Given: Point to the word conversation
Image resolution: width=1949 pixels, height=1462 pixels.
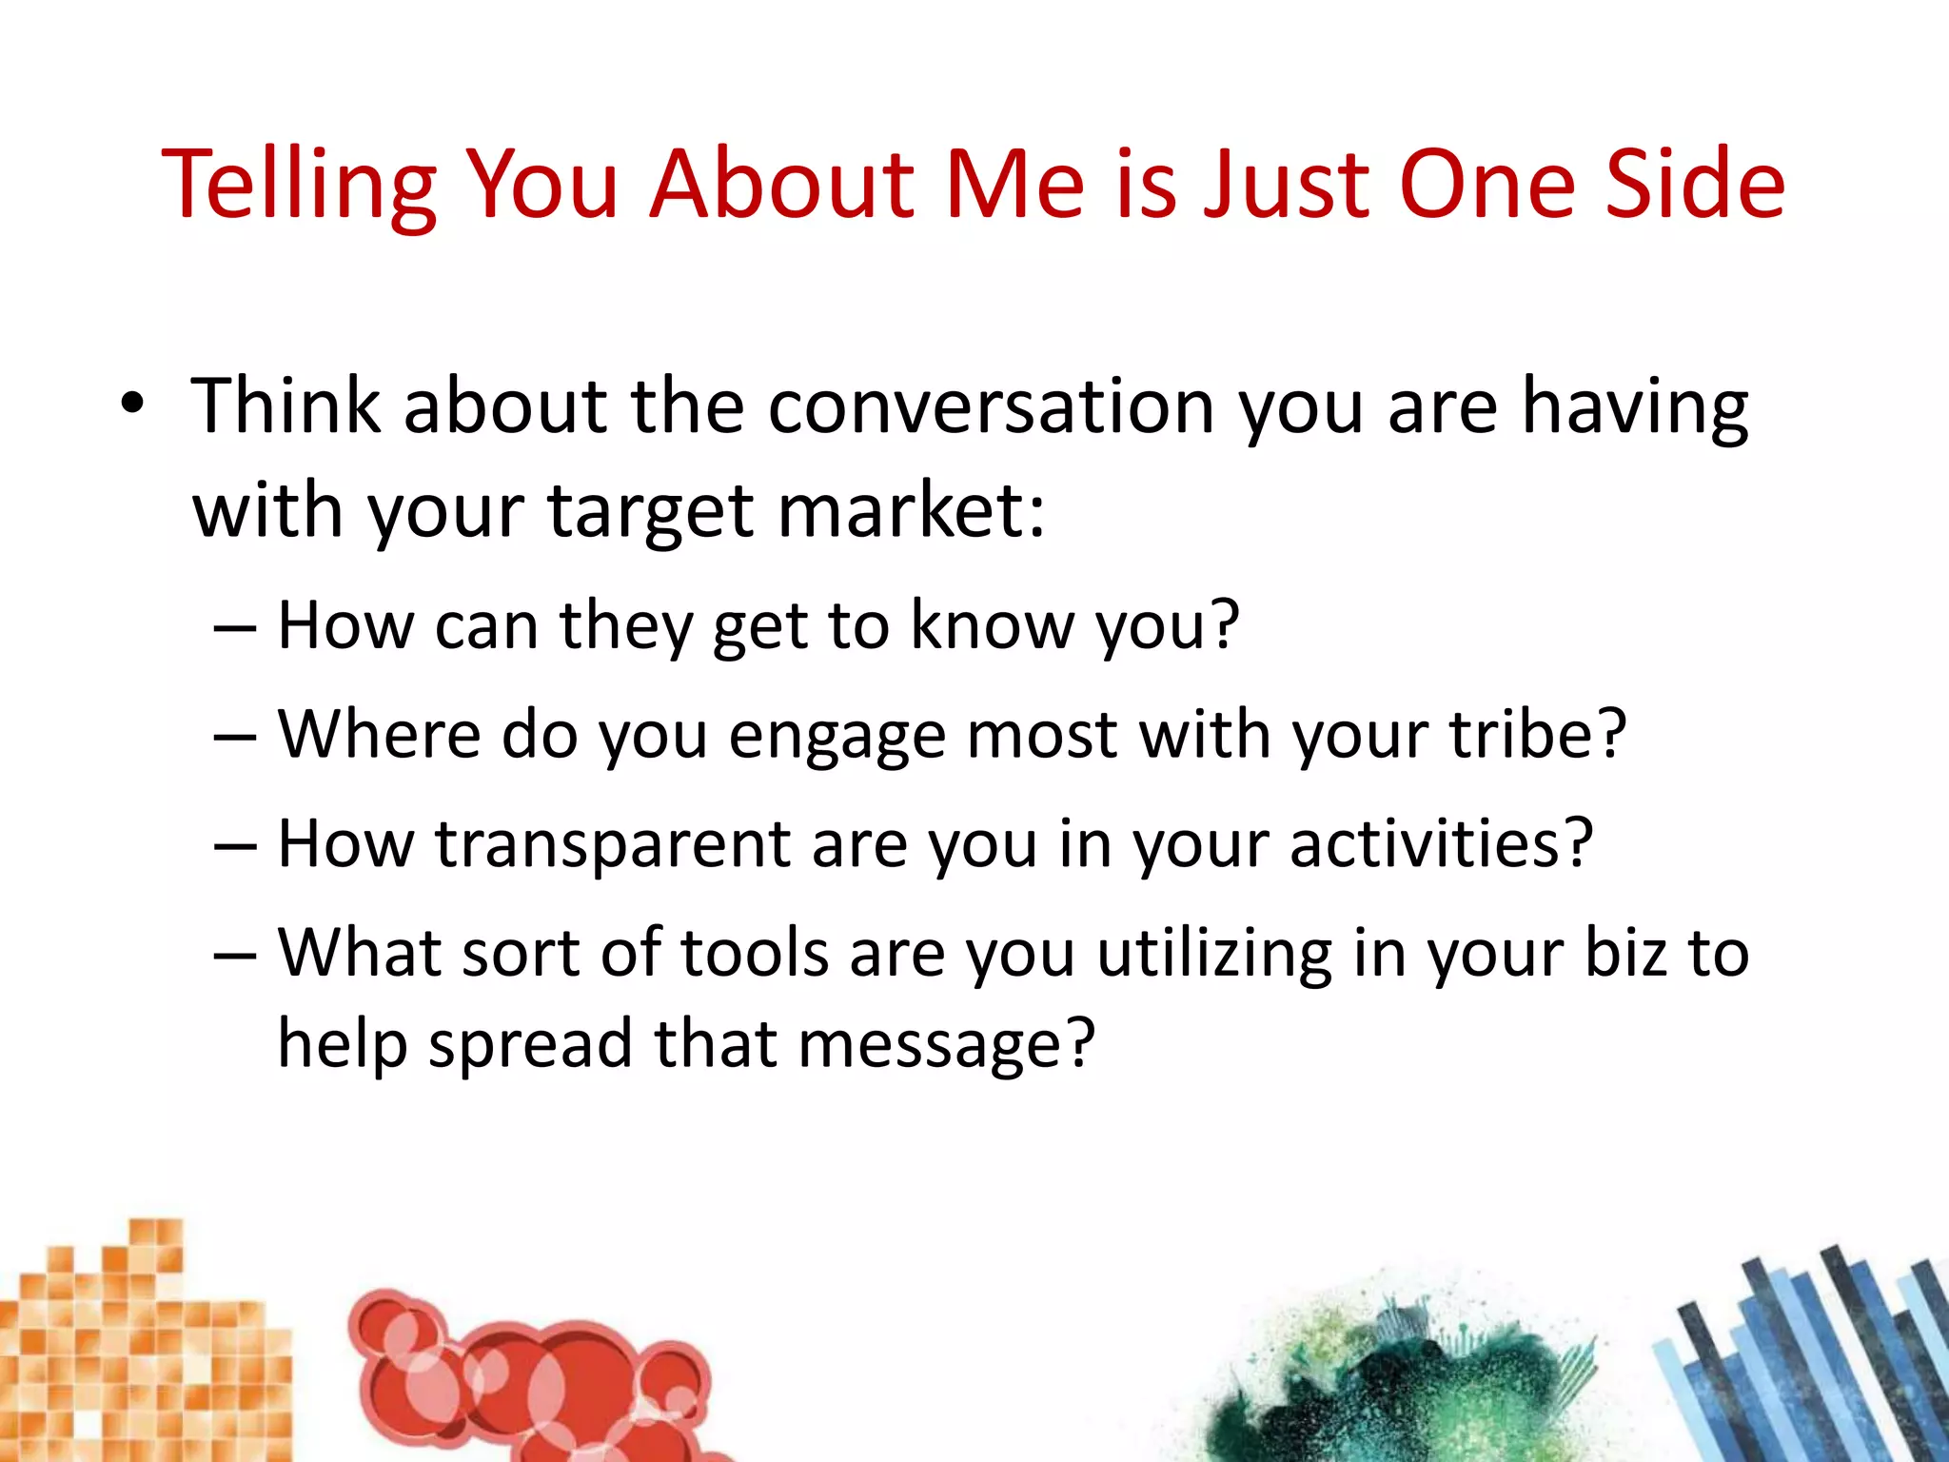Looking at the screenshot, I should pos(991,406).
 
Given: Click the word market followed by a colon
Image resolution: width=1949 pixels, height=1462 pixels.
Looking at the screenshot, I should pos(911,511).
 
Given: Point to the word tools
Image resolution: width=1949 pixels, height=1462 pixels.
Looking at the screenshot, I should pos(755,953).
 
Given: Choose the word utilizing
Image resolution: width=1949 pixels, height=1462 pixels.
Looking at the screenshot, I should pos(1214,955).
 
